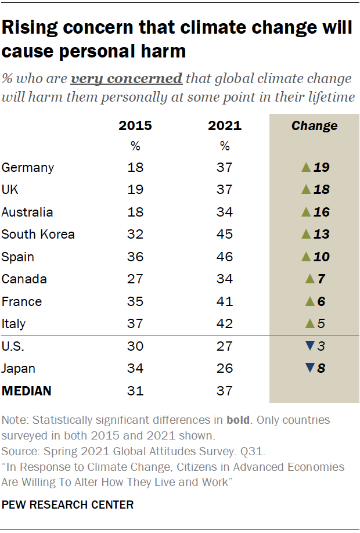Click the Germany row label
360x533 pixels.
coord(28,168)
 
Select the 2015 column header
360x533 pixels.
coord(135,126)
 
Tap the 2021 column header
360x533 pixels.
coord(225,126)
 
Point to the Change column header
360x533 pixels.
coord(314,126)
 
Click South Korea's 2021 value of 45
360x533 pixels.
coord(225,235)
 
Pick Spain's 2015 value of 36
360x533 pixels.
coord(135,257)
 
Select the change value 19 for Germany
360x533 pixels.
coord(321,168)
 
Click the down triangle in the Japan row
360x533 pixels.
coord(309,368)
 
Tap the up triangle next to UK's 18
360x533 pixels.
coord(307,190)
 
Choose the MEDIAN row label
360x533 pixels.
coord(27,391)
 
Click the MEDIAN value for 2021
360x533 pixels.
coord(225,391)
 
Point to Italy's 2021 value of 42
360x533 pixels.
coord(225,324)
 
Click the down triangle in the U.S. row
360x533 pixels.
coord(309,346)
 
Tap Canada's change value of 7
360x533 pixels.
coord(321,279)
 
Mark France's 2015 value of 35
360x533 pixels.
coord(135,301)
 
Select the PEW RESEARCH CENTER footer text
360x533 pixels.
coord(67,505)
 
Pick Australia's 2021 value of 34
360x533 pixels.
coord(225,213)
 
